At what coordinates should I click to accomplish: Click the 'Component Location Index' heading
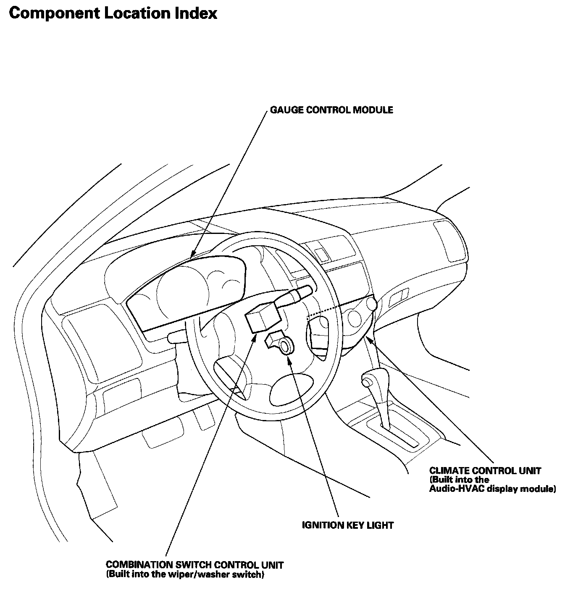113,13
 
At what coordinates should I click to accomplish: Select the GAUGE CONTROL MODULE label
331,110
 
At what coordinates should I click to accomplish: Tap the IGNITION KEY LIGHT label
347,525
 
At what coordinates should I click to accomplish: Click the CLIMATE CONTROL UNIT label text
485,471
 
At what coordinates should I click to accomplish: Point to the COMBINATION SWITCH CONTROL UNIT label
194,565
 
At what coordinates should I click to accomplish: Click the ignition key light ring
286,347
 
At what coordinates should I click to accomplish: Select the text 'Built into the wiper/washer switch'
185,575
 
